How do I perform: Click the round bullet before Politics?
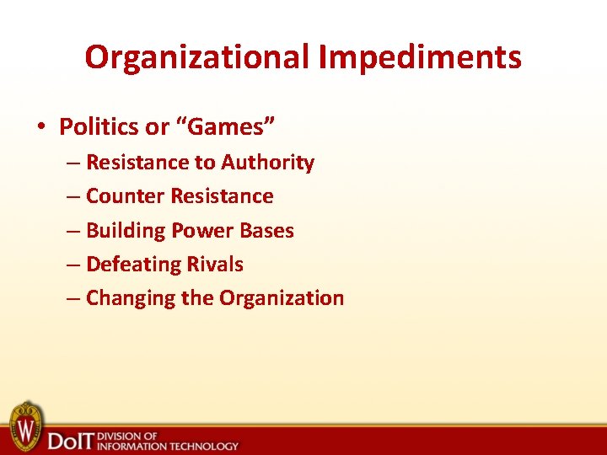(40, 127)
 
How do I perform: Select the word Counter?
(126, 196)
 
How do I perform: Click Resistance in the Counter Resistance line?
(222, 196)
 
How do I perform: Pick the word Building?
(126, 230)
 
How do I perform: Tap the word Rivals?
(214, 264)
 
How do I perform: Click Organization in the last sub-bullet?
(282, 297)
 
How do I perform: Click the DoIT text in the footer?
(70, 439)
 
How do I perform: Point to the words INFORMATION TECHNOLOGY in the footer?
(168, 445)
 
